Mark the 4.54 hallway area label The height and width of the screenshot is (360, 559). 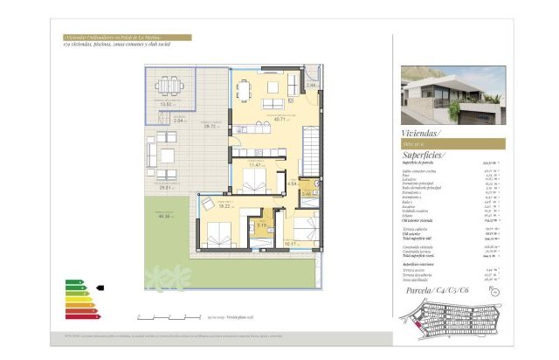pos(293,183)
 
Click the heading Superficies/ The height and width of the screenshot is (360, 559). pos(426,155)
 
